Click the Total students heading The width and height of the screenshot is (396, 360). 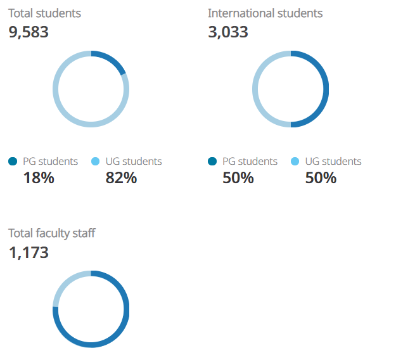tap(44, 13)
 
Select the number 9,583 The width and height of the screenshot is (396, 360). tap(29, 32)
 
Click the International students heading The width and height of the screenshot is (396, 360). tap(265, 13)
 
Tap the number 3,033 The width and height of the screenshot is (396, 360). tap(228, 32)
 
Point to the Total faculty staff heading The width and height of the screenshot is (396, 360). tap(52, 233)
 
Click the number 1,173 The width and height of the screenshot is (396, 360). tap(29, 252)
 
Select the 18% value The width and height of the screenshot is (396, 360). tap(39, 178)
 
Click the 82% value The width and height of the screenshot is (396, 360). tap(121, 178)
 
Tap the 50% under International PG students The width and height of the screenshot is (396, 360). tap(238, 178)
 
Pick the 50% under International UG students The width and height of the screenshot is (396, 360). tap(321, 178)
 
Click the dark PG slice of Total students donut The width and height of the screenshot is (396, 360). tap(111, 60)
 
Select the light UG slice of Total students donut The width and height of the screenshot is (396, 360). tap(63, 108)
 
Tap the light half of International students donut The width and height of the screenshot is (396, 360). tap(256, 89)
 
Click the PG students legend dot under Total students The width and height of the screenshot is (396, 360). tap(13, 162)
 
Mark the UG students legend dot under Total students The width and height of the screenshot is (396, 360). tap(96, 162)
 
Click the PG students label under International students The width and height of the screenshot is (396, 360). tap(250, 162)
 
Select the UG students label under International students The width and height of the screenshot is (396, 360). tap(333, 162)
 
